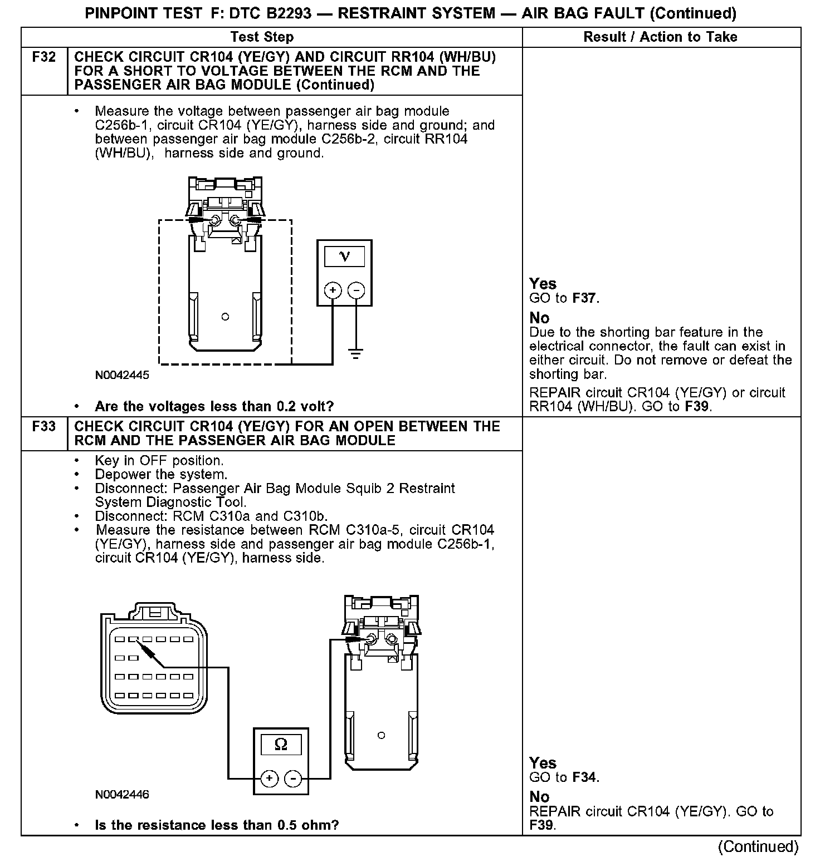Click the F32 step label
coord(44,57)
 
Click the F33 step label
coord(44,427)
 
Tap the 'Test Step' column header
coord(262,37)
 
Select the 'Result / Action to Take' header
coord(660,37)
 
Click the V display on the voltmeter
coord(344,257)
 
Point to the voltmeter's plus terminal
coord(333,290)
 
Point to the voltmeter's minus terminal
coord(356,290)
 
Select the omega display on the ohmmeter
coord(281,745)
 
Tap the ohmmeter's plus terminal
coord(269,778)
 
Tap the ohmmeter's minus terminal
coord(293,778)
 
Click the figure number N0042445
coord(122,376)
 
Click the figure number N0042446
coord(122,795)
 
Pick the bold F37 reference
coord(584,298)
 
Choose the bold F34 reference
coord(584,777)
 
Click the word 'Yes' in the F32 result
coord(543,284)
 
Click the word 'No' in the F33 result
coord(539,797)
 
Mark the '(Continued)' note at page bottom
coord(758,847)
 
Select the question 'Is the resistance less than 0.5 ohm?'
coord(217,825)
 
